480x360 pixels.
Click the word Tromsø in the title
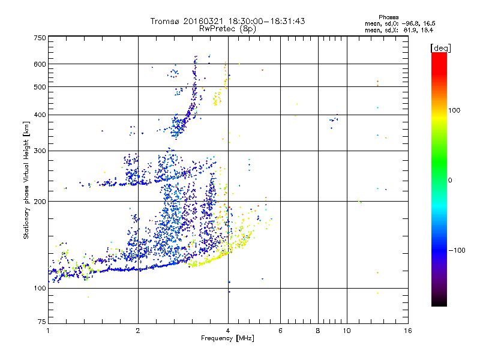click(165, 21)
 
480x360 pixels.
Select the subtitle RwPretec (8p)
click(228, 28)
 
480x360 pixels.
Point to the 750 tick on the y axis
click(40, 38)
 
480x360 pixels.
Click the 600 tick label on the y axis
click(40, 64)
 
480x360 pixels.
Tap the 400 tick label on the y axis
click(40, 115)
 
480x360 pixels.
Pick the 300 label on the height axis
click(40, 151)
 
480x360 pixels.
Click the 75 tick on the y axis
click(41, 322)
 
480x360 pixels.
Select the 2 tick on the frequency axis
click(138, 331)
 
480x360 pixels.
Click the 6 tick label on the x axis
click(280, 331)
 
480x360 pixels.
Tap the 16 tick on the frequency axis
click(407, 331)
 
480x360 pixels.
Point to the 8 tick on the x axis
click(318, 331)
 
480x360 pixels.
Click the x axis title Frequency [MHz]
click(228, 339)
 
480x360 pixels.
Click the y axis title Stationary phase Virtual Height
click(26, 180)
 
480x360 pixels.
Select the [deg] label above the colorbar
click(440, 47)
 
